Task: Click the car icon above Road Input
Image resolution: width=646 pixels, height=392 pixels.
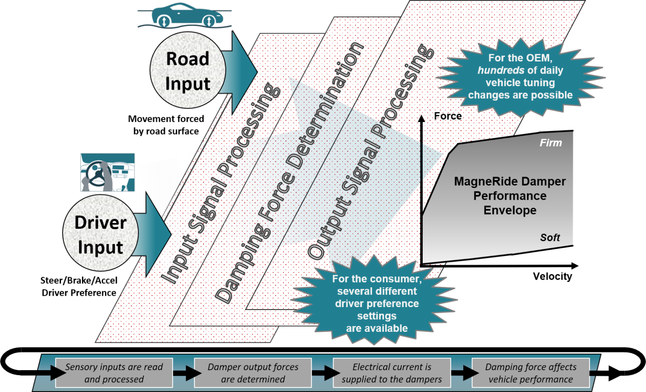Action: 185,16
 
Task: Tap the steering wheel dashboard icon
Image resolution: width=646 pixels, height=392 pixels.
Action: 108,172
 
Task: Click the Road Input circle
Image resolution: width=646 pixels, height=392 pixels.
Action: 188,71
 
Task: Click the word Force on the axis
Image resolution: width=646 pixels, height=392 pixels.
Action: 447,116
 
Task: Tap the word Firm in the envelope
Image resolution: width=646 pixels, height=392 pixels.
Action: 550,143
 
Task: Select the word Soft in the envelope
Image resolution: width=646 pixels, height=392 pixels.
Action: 550,238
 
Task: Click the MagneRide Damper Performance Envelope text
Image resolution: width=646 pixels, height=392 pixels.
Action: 510,196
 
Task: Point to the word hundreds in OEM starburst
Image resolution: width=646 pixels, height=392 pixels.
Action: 500,70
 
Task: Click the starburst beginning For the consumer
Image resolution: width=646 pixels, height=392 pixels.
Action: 376,303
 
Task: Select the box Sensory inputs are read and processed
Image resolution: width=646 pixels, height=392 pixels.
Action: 114,373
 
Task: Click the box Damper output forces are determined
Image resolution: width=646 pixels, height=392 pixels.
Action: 253,373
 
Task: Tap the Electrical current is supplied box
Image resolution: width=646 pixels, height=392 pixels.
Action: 392,373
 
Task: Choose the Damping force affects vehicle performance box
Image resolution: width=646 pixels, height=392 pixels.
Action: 530,373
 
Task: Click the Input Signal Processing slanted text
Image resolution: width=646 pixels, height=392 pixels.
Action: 221,183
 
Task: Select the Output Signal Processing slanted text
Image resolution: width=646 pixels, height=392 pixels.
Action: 370,151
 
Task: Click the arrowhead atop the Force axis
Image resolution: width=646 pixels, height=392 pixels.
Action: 421,118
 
